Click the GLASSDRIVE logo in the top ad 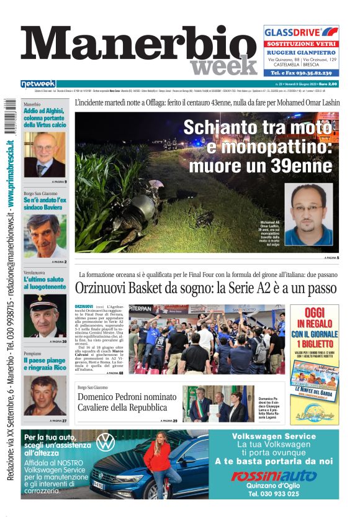click(300, 32)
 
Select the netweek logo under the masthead click(38, 84)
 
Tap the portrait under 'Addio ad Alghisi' click(44, 154)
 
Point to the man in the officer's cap click(45, 315)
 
